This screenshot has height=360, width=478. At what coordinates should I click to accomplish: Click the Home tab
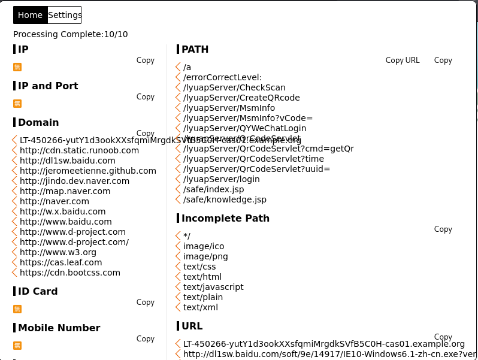[30, 15]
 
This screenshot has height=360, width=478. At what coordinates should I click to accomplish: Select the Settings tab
[65, 15]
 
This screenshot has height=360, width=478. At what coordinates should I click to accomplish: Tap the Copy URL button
[403, 60]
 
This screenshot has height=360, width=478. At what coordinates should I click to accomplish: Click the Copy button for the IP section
[146, 60]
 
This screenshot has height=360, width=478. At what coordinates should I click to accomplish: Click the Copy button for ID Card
[146, 302]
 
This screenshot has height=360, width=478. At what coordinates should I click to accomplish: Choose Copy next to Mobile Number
[146, 338]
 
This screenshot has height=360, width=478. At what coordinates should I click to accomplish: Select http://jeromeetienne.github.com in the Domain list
[87, 171]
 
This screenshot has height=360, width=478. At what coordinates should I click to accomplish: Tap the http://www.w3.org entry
[58, 252]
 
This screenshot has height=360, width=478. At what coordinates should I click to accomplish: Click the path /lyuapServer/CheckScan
[234, 87]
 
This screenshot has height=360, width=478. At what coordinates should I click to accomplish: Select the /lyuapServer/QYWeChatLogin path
[244, 128]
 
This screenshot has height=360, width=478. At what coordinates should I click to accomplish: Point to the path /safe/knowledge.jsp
[225, 199]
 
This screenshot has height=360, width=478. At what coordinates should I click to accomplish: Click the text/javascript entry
[213, 287]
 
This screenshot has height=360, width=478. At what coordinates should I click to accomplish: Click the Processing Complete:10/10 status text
[71, 34]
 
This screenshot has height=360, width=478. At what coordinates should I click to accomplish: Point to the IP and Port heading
[48, 86]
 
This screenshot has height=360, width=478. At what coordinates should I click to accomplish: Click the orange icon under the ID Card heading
[17, 309]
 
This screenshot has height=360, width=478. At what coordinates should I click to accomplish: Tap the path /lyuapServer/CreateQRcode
[241, 98]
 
